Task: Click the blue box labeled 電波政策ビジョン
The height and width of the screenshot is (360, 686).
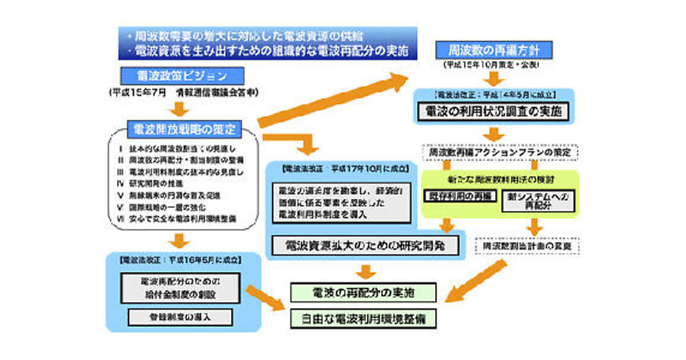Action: [182, 75]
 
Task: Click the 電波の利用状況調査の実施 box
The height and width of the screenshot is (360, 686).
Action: [494, 111]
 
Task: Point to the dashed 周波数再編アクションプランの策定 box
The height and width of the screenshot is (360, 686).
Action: [500, 153]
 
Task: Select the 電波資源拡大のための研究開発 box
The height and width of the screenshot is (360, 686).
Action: [364, 246]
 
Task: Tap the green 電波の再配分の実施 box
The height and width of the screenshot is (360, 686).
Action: [364, 293]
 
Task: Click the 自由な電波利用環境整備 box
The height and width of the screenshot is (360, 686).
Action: [364, 317]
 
